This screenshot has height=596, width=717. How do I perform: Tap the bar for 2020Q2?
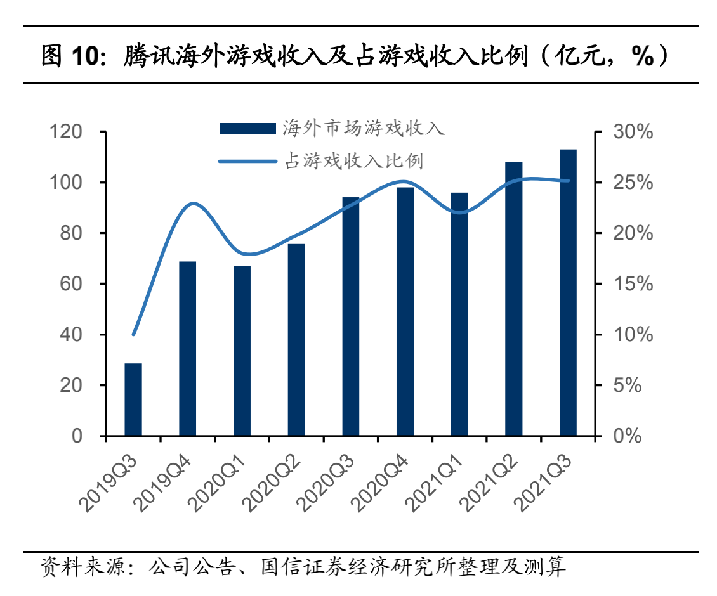tap(296, 340)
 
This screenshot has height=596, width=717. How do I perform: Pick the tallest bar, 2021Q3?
tap(568, 292)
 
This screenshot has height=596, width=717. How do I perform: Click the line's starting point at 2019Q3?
tap(133, 334)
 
